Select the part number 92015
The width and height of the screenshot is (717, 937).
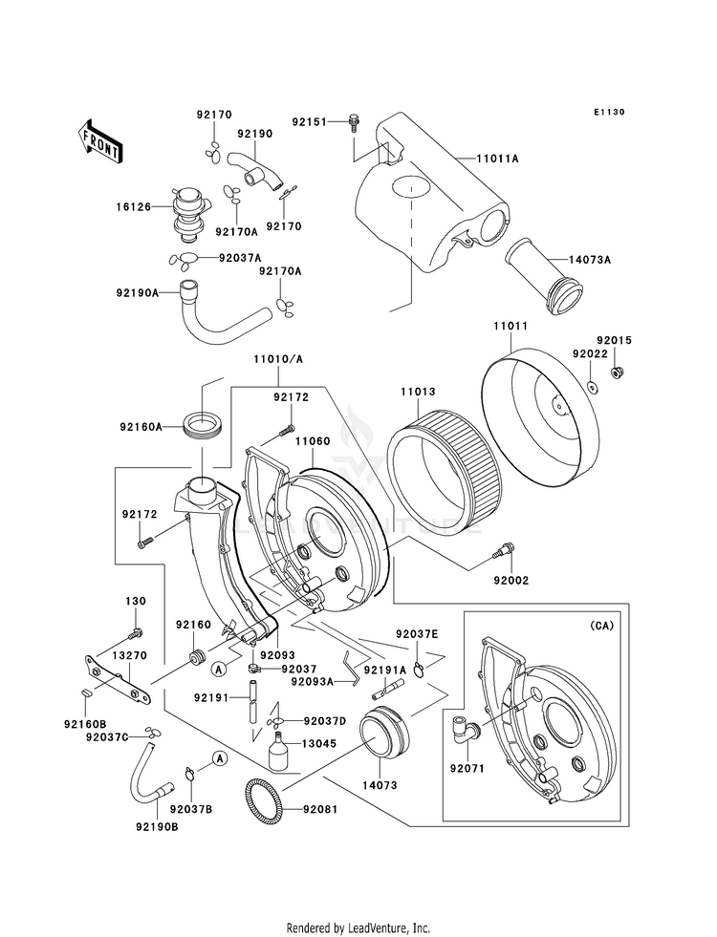[615, 340]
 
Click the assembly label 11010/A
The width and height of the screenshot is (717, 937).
[277, 359]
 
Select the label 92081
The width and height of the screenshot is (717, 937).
[319, 810]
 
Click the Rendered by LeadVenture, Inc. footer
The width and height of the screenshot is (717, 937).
[358, 927]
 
